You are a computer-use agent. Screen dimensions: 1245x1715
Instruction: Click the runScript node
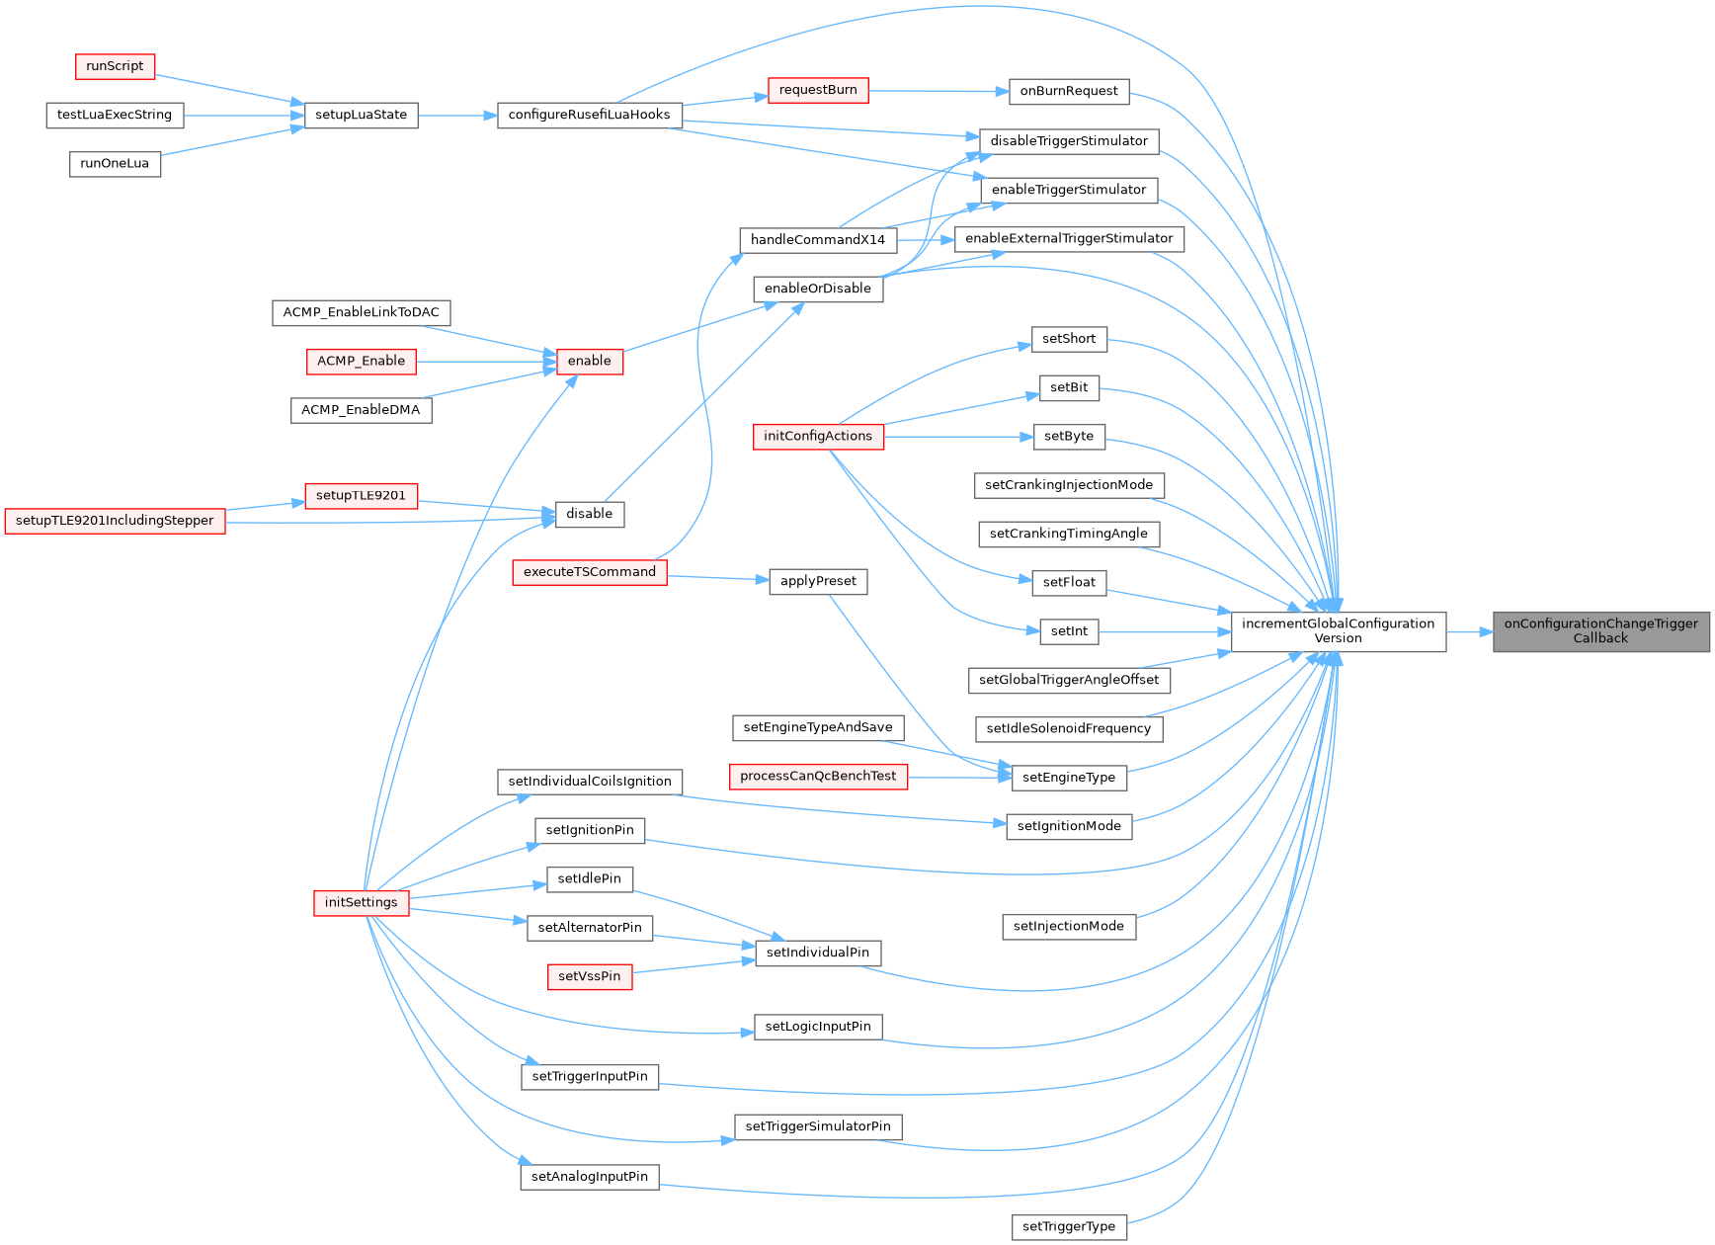[115, 66]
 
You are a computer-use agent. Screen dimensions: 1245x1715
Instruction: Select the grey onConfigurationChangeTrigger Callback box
[1600, 631]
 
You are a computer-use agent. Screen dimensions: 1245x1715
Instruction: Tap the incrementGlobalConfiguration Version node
[1338, 631]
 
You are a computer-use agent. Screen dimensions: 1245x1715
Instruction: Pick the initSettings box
[361, 902]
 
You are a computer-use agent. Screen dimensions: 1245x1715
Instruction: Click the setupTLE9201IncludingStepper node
[115, 521]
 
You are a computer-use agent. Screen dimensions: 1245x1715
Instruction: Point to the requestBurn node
[818, 90]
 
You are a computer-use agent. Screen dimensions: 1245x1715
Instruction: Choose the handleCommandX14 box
[818, 240]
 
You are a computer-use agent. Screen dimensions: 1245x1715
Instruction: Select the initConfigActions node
[818, 436]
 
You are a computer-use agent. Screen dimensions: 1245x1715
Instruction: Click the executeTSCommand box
[589, 572]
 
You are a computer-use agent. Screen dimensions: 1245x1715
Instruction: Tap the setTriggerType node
[1069, 1227]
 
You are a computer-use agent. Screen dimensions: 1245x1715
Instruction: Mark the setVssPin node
[589, 976]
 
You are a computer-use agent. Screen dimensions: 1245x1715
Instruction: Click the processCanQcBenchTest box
[818, 777]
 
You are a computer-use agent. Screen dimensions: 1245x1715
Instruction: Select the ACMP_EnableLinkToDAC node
[361, 312]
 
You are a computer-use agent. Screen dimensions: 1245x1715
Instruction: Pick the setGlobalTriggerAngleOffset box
[1069, 680]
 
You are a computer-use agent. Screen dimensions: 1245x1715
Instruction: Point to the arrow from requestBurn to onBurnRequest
[939, 91]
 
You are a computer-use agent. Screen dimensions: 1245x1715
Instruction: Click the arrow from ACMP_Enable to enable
[485, 362]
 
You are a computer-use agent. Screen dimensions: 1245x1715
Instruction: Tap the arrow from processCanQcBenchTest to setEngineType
[959, 778]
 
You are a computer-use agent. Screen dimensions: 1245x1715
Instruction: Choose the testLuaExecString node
[115, 115]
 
